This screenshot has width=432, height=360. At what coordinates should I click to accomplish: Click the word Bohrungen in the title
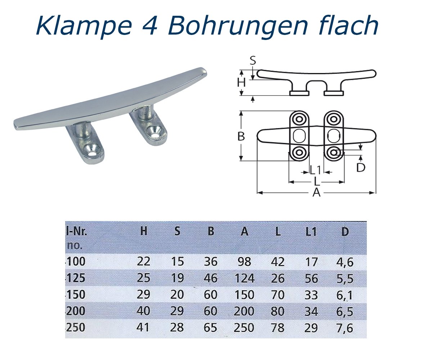click(x=230, y=26)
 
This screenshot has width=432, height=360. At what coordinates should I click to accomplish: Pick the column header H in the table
click(x=144, y=232)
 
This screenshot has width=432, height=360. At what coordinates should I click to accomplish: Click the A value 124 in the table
click(x=244, y=278)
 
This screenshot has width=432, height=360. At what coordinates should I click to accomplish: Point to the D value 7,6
click(x=344, y=328)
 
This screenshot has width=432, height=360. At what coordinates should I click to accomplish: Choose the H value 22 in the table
click(x=144, y=262)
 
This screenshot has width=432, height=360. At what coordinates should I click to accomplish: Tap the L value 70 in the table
click(x=277, y=295)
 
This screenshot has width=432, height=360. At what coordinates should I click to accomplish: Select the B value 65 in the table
click(x=211, y=328)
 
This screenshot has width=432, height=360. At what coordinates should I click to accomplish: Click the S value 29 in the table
click(x=177, y=311)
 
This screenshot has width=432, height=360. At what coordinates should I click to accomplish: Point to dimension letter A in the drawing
click(x=316, y=193)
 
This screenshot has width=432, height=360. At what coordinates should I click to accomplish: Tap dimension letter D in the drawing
click(x=361, y=167)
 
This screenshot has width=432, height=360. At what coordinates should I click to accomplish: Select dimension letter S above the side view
click(x=253, y=60)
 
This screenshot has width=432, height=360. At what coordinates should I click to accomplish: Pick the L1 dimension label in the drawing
click(x=315, y=170)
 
